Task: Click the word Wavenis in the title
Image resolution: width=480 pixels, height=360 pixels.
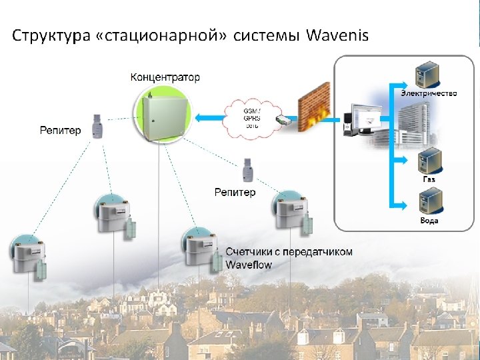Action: tap(337, 35)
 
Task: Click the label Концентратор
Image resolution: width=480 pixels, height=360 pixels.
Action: tap(165, 77)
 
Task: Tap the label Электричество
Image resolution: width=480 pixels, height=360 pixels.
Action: tap(429, 93)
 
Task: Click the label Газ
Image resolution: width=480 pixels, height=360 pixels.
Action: tap(429, 180)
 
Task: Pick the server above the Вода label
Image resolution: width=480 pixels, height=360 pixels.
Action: tap(429, 201)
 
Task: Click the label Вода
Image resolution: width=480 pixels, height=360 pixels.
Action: tap(429, 221)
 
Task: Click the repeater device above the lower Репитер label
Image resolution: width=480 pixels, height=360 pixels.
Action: tap(247, 171)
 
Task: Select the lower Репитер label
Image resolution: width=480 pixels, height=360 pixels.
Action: tap(235, 193)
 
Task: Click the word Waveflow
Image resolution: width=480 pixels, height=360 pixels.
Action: tap(249, 265)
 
